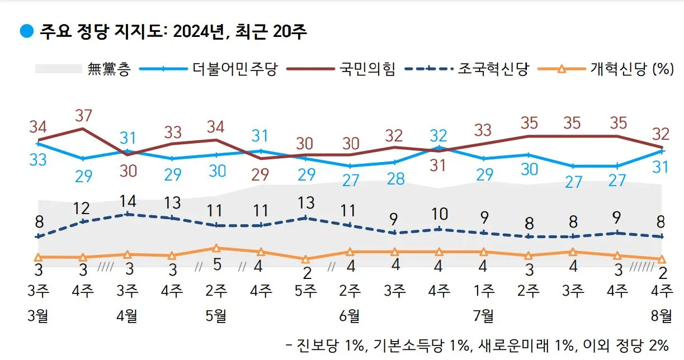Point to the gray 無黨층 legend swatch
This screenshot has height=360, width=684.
coord(58,69)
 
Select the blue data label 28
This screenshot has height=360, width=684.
coord(395,179)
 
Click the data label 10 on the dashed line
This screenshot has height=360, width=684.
coord(439,214)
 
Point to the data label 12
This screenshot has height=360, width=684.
coord(83,208)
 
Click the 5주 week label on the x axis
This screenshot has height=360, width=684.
coord(305,291)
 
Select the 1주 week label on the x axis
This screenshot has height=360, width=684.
coord(484,291)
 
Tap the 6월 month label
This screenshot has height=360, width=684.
coord(350,316)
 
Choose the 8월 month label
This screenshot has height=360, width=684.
coord(662,316)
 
